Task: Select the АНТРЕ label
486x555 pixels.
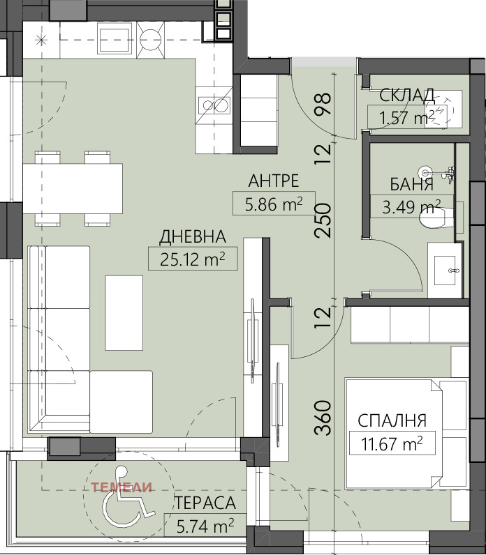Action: (273, 181)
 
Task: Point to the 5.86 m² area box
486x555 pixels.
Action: (273, 203)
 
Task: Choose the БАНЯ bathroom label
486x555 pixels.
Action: (412, 185)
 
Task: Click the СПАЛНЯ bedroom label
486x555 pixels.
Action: (392, 420)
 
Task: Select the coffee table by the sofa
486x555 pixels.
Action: (124, 312)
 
